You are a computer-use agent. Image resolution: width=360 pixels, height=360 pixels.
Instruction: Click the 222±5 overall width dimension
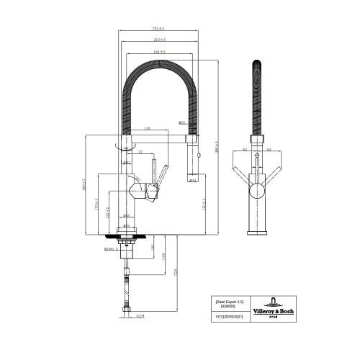[x=157, y=29]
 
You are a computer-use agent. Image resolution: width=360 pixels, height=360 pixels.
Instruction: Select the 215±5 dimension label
[x=159, y=40]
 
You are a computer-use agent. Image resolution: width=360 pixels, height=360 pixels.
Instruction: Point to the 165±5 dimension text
[x=159, y=52]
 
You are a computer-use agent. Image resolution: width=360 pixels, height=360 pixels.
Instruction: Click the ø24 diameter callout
[x=182, y=123]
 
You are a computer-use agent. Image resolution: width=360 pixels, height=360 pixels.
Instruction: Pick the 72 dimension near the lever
[x=141, y=152]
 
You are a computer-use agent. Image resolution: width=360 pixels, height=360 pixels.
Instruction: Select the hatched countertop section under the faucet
[x=125, y=235]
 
